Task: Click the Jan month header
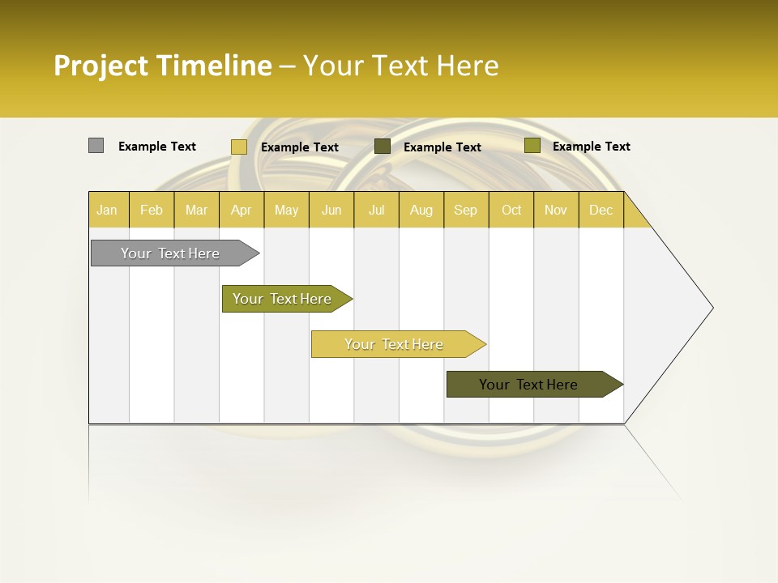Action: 107,210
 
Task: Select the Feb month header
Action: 152,210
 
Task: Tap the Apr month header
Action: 241,210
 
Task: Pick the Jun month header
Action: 331,210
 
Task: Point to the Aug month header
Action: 421,210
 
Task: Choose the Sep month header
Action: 465,210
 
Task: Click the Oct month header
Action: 511,210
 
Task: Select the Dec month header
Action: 601,210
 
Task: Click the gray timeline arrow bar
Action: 170,253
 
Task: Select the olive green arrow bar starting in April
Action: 282,299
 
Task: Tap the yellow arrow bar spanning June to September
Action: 394,344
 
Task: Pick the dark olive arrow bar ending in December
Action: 528,385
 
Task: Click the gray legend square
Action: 96,146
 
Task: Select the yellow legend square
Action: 238,147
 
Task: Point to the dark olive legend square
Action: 383,147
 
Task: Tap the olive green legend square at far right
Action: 532,146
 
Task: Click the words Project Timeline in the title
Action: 162,66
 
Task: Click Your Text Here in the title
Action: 401,66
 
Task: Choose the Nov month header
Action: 555,210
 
